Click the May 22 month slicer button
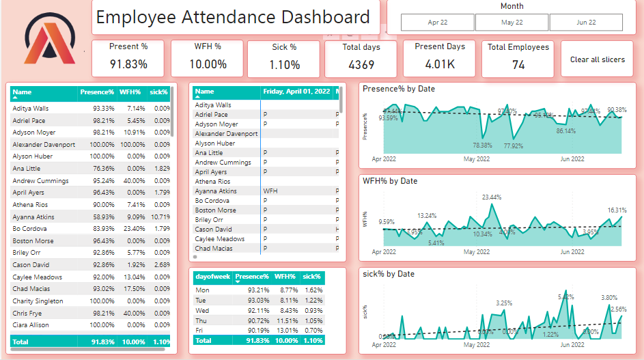tap(512, 23)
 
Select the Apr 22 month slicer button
tap(438, 23)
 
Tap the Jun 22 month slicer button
tap(586, 23)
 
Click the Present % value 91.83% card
tap(129, 64)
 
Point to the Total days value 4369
tap(361, 65)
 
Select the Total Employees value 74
tap(518, 65)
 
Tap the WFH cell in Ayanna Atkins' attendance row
tap(270, 191)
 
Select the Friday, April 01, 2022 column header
tap(296, 92)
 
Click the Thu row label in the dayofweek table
tap(201, 320)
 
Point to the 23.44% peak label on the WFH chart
tap(491, 197)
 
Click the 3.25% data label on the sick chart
tap(504, 303)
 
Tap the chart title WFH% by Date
tap(389, 181)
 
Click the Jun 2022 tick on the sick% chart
tap(572, 344)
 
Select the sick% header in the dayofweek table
tap(312, 277)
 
